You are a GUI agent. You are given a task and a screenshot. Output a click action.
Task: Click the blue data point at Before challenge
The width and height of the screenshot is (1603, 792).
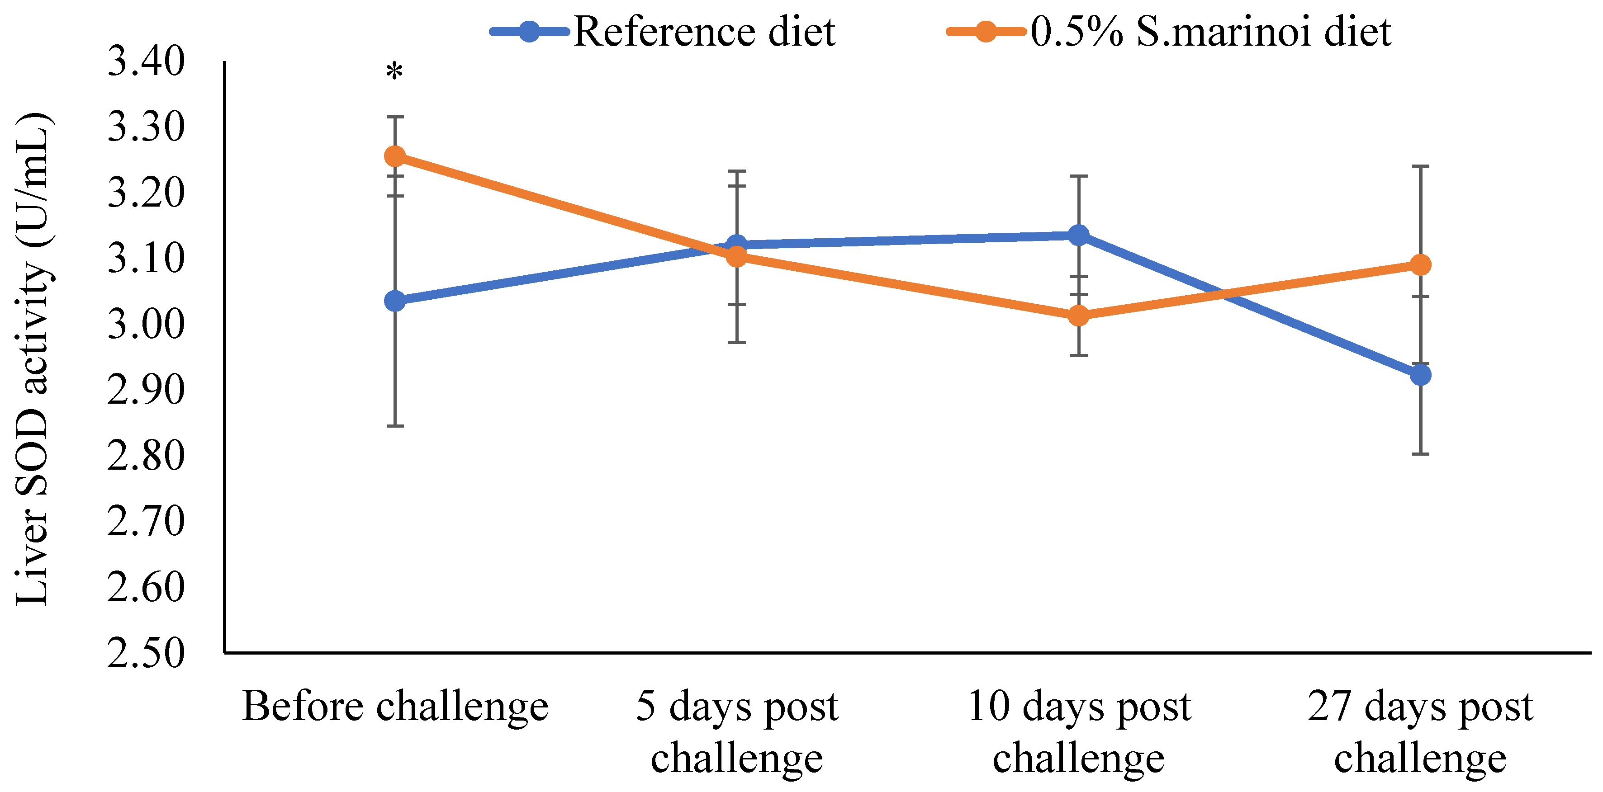pyautogui.click(x=394, y=301)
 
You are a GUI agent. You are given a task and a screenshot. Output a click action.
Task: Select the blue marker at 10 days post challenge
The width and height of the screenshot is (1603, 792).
pyautogui.click(x=1078, y=235)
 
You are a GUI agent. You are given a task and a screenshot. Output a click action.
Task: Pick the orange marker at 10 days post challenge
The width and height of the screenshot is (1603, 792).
pyautogui.click(x=1078, y=316)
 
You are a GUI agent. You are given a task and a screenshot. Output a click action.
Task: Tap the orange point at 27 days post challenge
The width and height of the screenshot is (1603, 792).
pyautogui.click(x=1420, y=265)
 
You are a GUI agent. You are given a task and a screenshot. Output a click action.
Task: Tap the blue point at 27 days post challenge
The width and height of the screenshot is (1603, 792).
pyautogui.click(x=1420, y=375)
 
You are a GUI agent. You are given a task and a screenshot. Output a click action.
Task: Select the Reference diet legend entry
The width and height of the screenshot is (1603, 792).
pyautogui.click(x=663, y=31)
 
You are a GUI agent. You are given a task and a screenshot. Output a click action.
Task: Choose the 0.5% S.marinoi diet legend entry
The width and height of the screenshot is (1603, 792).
pyautogui.click(x=1169, y=31)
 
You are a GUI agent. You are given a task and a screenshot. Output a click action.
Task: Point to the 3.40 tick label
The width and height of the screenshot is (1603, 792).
pyautogui.click(x=146, y=61)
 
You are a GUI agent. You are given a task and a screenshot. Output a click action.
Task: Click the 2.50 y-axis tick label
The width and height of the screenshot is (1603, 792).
pyautogui.click(x=146, y=653)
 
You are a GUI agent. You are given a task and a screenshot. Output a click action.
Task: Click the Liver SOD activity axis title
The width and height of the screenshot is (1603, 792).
pyautogui.click(x=33, y=358)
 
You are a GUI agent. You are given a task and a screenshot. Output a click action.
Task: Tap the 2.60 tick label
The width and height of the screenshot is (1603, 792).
pyautogui.click(x=146, y=587)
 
